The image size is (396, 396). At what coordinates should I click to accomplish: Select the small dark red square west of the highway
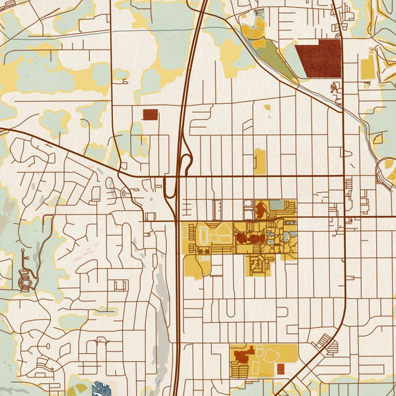click(x=150, y=114)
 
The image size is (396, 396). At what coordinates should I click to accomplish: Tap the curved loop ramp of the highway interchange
click(x=187, y=162)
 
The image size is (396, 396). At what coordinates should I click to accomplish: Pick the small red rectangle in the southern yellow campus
click(x=280, y=368)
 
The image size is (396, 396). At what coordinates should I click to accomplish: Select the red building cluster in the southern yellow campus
click(x=242, y=356)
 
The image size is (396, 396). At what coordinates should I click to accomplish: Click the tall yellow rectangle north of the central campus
click(x=260, y=161)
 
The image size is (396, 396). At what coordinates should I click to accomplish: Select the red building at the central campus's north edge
click(x=260, y=210)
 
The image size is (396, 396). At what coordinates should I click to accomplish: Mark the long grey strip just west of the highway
click(x=160, y=310)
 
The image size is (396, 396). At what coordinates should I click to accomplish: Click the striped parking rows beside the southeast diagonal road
click(x=326, y=343)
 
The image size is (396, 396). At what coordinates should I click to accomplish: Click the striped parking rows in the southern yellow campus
click(x=242, y=370)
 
